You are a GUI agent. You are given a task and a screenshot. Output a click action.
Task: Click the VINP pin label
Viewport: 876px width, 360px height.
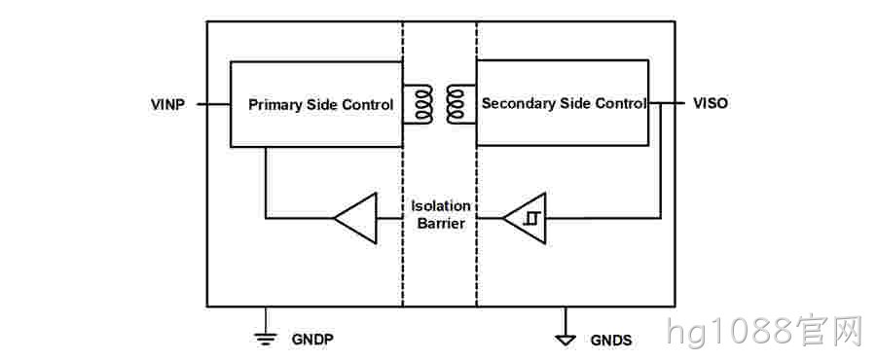point(167,104)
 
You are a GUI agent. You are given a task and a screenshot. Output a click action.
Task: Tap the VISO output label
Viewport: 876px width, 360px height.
point(711,103)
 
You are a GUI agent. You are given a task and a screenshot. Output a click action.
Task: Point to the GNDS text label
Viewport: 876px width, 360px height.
point(611,340)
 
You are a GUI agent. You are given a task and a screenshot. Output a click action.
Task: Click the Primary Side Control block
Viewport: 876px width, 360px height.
point(316,104)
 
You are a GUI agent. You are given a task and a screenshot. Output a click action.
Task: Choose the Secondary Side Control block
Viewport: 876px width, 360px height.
point(562,103)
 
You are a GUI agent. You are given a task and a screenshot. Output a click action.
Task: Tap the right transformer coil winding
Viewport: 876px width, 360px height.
point(455,104)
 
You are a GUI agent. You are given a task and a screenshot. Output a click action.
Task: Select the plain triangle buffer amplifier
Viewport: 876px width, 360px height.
point(355,218)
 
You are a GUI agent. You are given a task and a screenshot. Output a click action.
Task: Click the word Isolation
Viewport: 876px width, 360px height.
point(440,206)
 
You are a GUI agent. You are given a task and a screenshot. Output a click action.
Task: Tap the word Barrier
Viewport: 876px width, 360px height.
point(440,224)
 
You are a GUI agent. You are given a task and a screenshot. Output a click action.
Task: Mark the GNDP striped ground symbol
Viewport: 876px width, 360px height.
point(265,337)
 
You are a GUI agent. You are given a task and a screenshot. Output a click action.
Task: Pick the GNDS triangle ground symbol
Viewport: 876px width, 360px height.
point(566,339)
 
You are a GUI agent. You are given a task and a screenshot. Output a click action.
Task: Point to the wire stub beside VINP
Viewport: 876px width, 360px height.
point(213,104)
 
